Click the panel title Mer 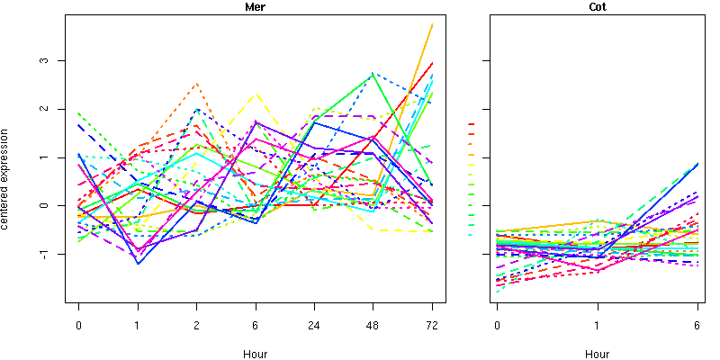256,7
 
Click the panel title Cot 597,7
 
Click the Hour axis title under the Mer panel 256,354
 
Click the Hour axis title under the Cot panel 597,354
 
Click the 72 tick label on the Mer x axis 432,326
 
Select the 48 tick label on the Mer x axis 373,326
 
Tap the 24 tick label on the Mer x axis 314,326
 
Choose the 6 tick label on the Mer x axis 256,326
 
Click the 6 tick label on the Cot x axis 697,326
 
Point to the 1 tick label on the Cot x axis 597,326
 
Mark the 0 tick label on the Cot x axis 497,326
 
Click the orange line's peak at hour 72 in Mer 432,24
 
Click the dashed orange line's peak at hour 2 197,84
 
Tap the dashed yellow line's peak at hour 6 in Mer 256,94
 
